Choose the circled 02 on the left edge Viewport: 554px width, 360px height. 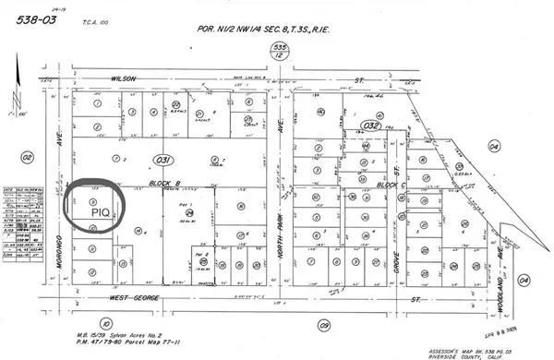pos(27,158)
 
